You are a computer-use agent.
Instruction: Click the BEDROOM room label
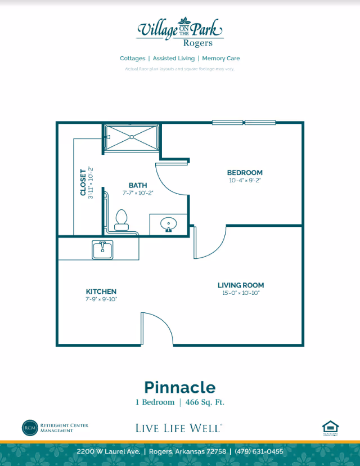pos(245,173)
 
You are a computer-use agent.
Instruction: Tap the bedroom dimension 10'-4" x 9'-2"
pos(245,181)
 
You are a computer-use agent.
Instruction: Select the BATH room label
pos(138,185)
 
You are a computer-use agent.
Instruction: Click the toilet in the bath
pos(121,220)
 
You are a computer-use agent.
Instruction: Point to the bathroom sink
pos(168,225)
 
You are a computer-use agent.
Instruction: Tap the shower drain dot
pos(131,137)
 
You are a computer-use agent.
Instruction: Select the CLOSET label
pos(83,182)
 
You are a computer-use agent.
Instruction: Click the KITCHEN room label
pos(101,292)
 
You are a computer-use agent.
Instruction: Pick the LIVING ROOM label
pos(241,285)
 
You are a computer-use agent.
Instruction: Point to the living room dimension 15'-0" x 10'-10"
pos(241,293)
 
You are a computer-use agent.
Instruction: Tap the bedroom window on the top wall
pos(244,122)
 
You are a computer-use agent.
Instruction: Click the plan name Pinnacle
pos(179,387)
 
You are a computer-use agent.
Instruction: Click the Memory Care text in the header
pos(221,59)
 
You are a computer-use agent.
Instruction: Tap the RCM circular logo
pos(29,427)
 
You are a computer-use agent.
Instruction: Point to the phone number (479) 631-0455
pos(259,452)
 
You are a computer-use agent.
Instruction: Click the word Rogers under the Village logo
pos(198,43)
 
